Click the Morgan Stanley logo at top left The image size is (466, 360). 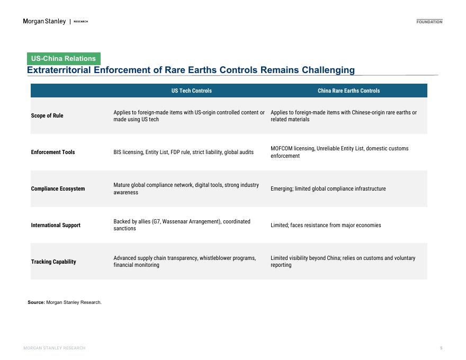[x=44, y=21]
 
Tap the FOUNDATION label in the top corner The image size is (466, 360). [x=429, y=22]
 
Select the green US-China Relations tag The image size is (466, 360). [x=64, y=59]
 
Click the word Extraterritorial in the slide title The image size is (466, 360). [x=59, y=70]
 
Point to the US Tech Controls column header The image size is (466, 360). [x=191, y=91]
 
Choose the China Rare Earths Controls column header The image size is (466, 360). [x=348, y=91]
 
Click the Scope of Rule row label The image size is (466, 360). [x=47, y=115]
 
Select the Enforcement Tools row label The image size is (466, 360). [x=53, y=152]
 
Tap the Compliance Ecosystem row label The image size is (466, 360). [x=58, y=188]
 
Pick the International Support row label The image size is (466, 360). [x=56, y=225]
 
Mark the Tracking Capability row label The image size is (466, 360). [x=53, y=262]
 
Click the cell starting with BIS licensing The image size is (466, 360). [x=183, y=152]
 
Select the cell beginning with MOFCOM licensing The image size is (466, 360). [x=339, y=152]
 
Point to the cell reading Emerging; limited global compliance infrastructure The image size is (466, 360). [x=328, y=188]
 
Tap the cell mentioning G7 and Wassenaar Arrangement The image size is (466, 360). [x=182, y=225]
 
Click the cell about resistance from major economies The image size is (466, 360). [x=326, y=225]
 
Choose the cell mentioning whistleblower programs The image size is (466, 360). [x=184, y=262]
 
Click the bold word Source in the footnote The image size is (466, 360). [x=36, y=302]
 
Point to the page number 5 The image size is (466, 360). [x=441, y=348]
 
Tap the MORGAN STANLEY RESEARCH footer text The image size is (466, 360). [x=54, y=348]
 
